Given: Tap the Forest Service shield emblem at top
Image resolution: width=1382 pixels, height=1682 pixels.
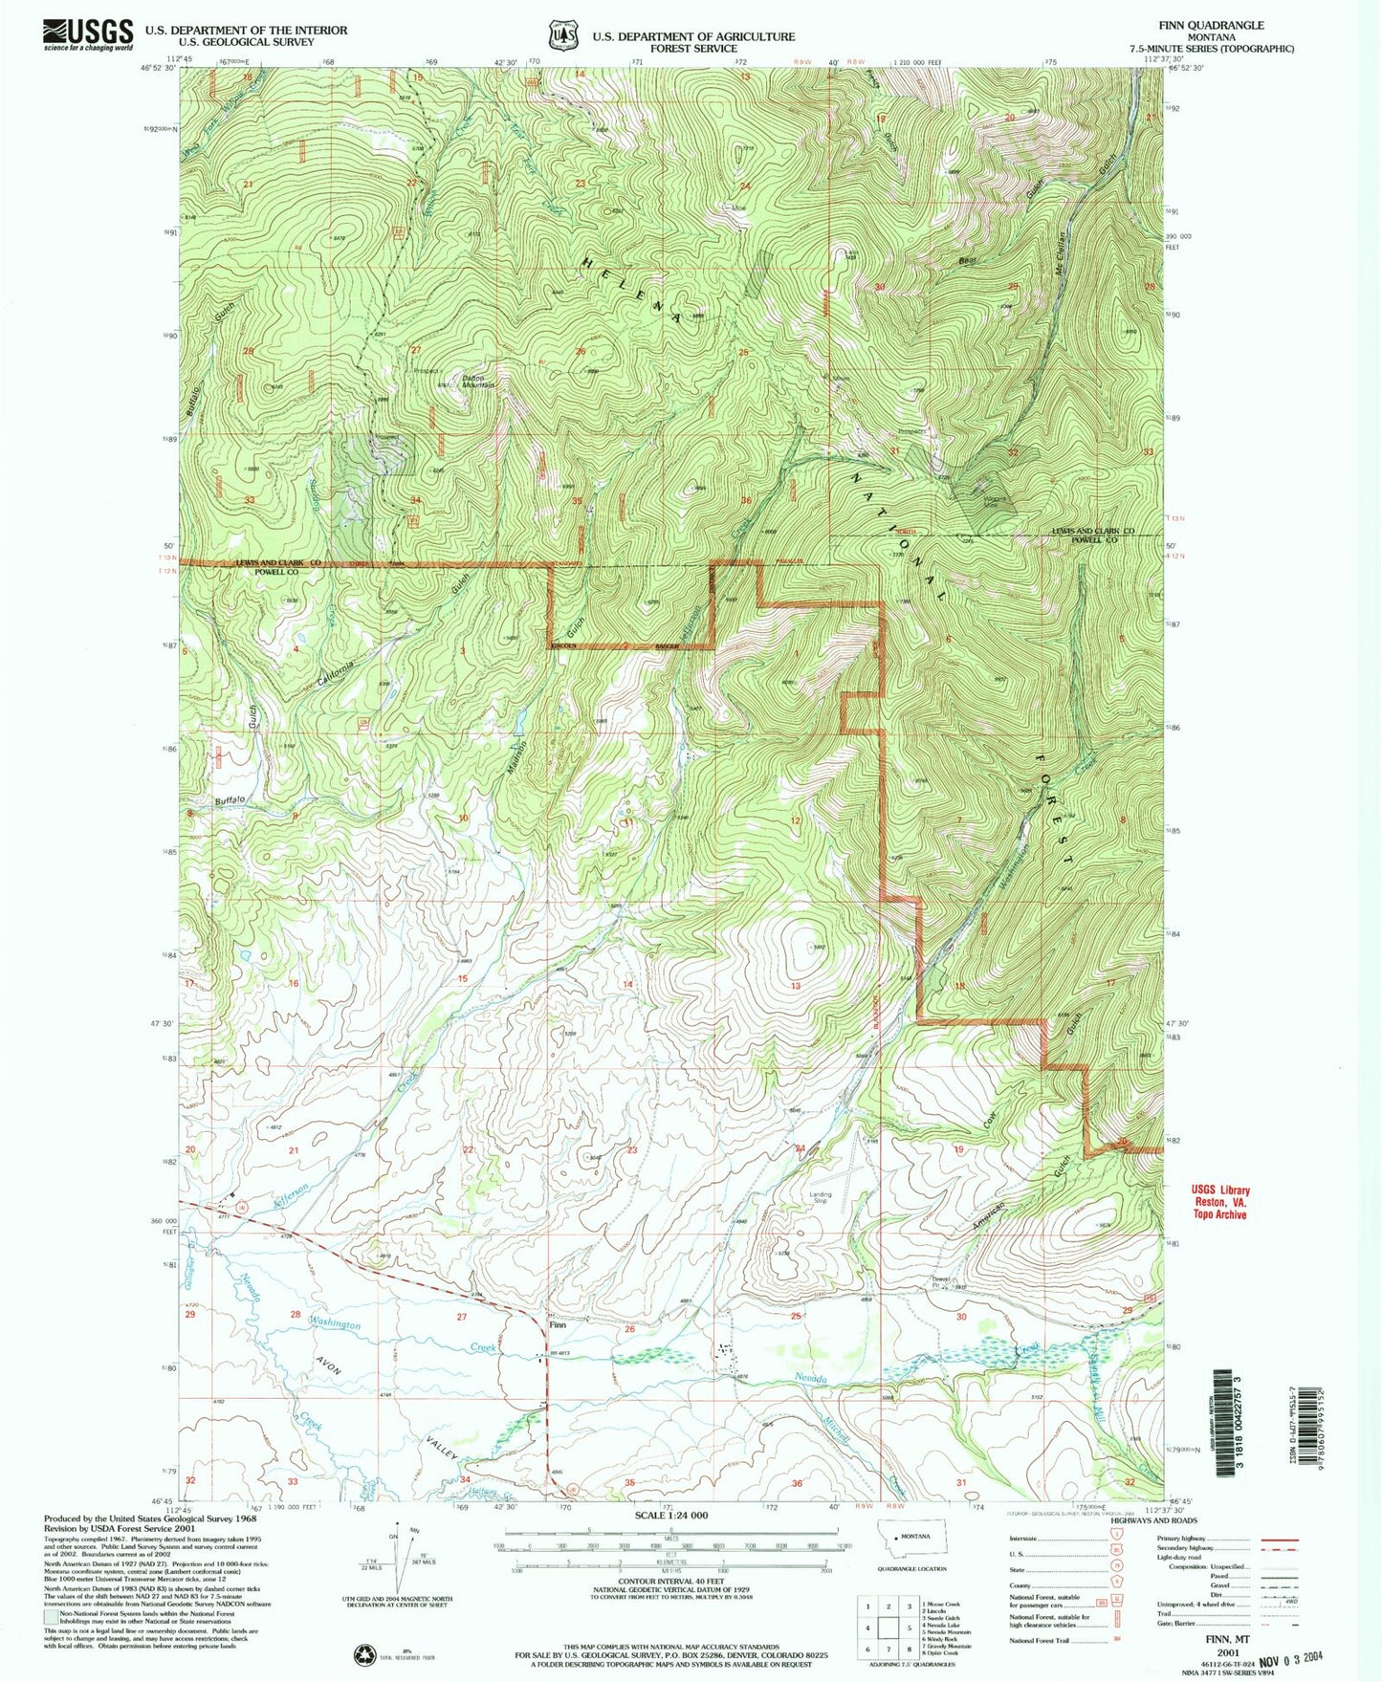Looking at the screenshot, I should [562, 36].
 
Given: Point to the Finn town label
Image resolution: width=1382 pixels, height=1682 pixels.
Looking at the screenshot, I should [558, 1325].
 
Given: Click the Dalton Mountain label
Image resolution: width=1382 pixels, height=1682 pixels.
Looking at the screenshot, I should [479, 380].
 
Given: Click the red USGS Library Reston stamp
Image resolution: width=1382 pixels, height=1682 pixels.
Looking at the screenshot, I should [1219, 1202].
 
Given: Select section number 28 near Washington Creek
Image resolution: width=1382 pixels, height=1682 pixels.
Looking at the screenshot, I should [296, 1314].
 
